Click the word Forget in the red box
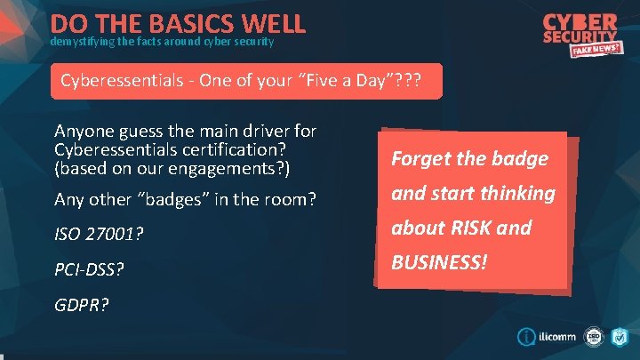422,159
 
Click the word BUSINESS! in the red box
439,262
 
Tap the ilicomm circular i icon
525,338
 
